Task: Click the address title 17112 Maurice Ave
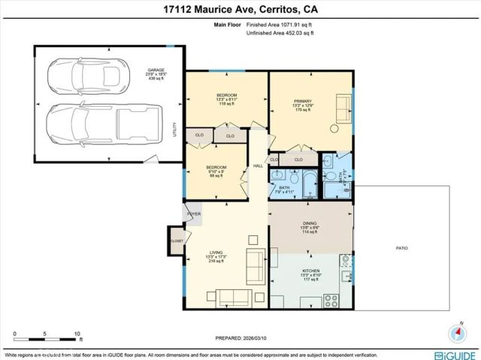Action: (x=240, y=10)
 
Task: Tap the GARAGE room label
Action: (x=155, y=72)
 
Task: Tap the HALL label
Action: (x=258, y=166)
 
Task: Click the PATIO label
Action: (x=402, y=248)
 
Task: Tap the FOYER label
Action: (x=192, y=215)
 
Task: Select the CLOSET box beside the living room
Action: (x=177, y=241)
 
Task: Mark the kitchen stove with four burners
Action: (x=331, y=301)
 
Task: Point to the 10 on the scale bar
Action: (x=77, y=333)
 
